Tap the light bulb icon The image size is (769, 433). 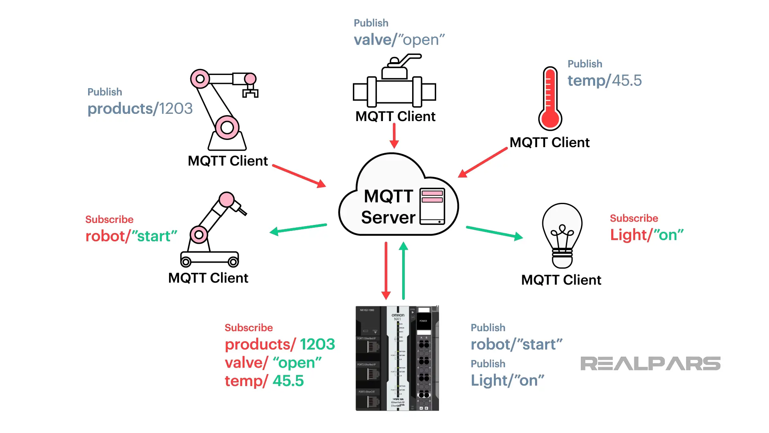[x=562, y=235]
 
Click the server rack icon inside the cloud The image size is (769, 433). [x=432, y=206]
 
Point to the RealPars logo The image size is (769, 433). [x=650, y=364]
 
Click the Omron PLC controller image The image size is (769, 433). [x=397, y=358]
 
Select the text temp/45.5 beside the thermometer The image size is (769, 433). [x=604, y=81]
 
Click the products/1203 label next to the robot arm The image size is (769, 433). [x=140, y=109]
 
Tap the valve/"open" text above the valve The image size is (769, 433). [x=399, y=40]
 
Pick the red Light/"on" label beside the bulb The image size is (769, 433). [x=646, y=235]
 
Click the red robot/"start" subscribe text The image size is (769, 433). [x=131, y=236]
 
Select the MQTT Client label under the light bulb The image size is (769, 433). [x=561, y=280]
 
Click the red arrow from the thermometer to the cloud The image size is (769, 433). [x=483, y=162]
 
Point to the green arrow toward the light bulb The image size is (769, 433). [x=494, y=233]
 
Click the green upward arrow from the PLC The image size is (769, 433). [x=403, y=271]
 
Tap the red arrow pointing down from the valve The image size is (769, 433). [x=394, y=136]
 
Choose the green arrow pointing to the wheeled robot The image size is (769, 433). [x=298, y=229]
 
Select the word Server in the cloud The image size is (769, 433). [x=388, y=217]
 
